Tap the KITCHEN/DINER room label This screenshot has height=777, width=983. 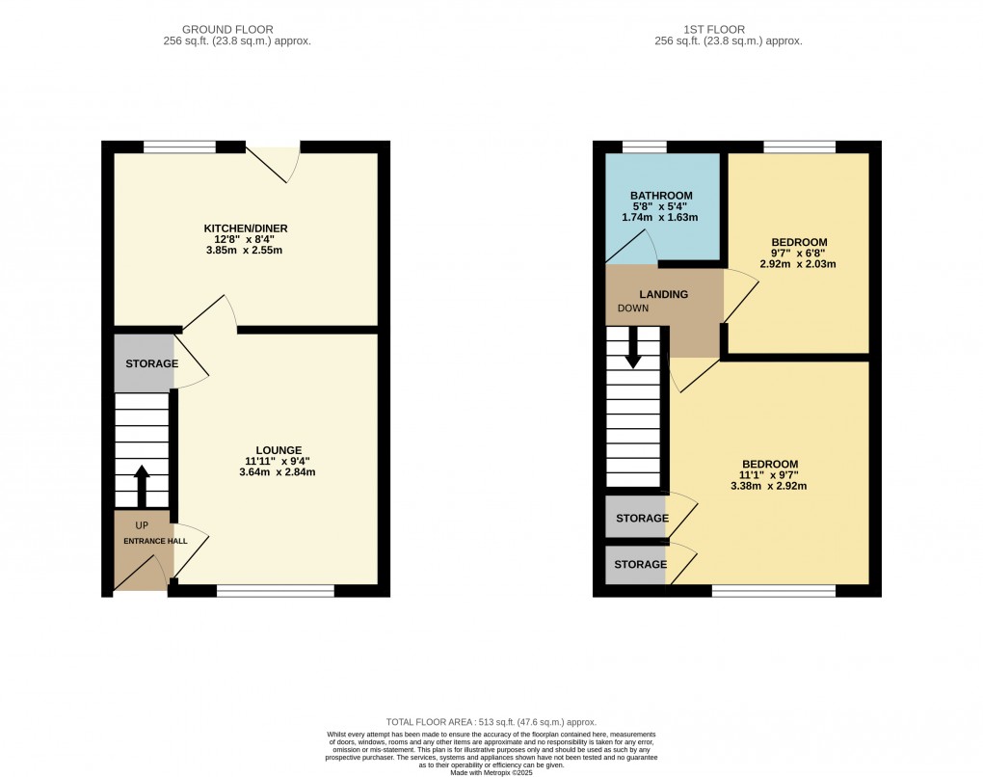(246, 228)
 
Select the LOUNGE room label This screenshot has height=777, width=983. (279, 449)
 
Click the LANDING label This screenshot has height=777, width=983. (664, 294)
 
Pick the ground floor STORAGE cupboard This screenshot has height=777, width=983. (145, 363)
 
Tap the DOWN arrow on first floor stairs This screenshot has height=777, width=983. (633, 348)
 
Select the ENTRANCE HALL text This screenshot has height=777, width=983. (155, 542)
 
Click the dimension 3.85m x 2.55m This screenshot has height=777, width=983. (246, 251)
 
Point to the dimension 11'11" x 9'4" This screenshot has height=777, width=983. (279, 461)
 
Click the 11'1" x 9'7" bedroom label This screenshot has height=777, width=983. (768, 474)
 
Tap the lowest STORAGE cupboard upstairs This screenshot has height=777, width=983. (636, 565)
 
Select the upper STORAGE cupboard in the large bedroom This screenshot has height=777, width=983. (636, 518)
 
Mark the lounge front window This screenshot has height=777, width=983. (275, 590)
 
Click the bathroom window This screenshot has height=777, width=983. (644, 147)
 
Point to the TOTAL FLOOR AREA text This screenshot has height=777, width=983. (491, 722)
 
